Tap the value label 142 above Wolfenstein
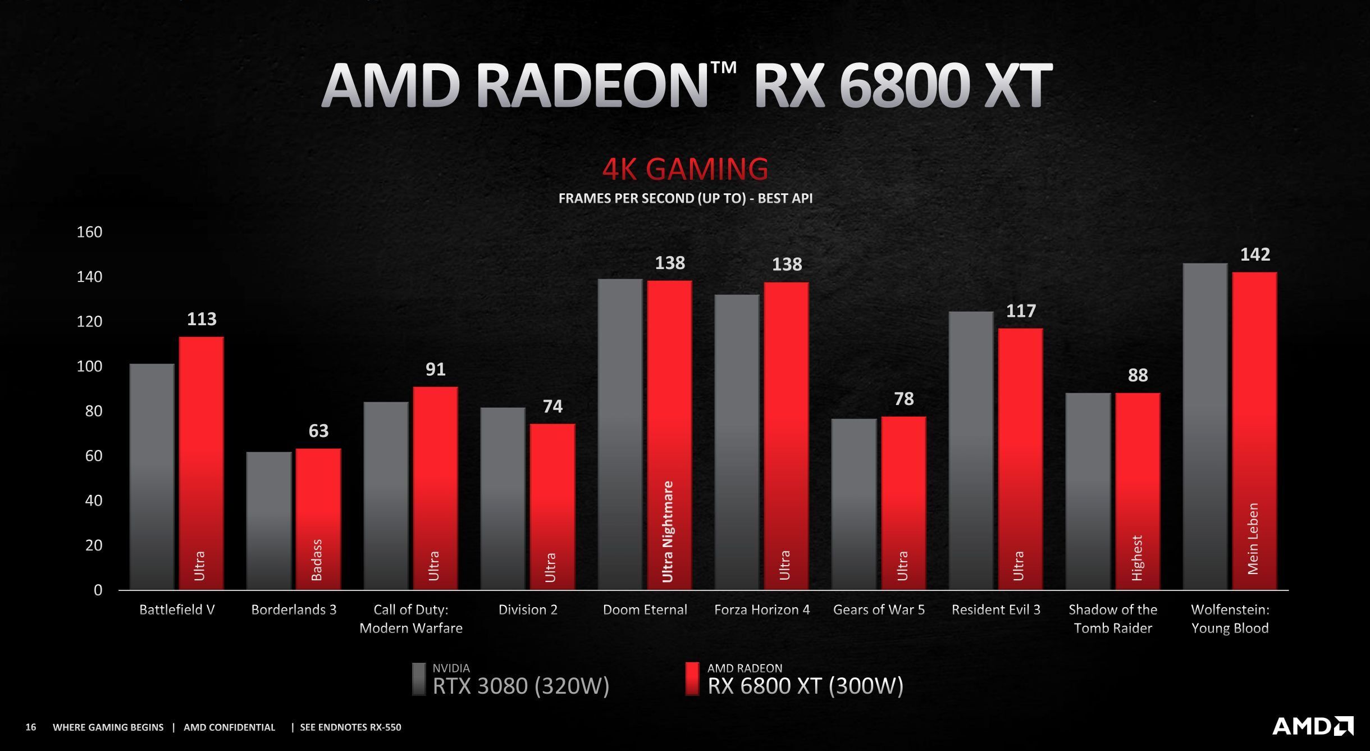pyautogui.click(x=1255, y=254)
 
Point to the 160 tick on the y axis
pyautogui.click(x=89, y=232)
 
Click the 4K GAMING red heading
pyautogui.click(x=685, y=169)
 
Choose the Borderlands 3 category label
pyautogui.click(x=294, y=609)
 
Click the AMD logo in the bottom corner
pyautogui.click(x=1312, y=726)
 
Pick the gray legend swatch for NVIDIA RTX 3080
pyautogui.click(x=419, y=679)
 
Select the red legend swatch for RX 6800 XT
pyautogui.click(x=692, y=679)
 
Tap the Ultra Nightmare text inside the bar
pyautogui.click(x=668, y=531)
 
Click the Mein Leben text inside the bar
pyautogui.click(x=1253, y=538)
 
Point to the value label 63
pyautogui.click(x=318, y=431)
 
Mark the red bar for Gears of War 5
pyautogui.click(x=903, y=503)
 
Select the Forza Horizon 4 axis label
pyautogui.click(x=762, y=609)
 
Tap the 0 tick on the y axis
pyautogui.click(x=98, y=590)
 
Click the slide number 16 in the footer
pyautogui.click(x=31, y=727)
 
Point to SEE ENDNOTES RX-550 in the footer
pyautogui.click(x=350, y=727)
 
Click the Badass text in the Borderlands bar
pyautogui.click(x=317, y=560)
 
